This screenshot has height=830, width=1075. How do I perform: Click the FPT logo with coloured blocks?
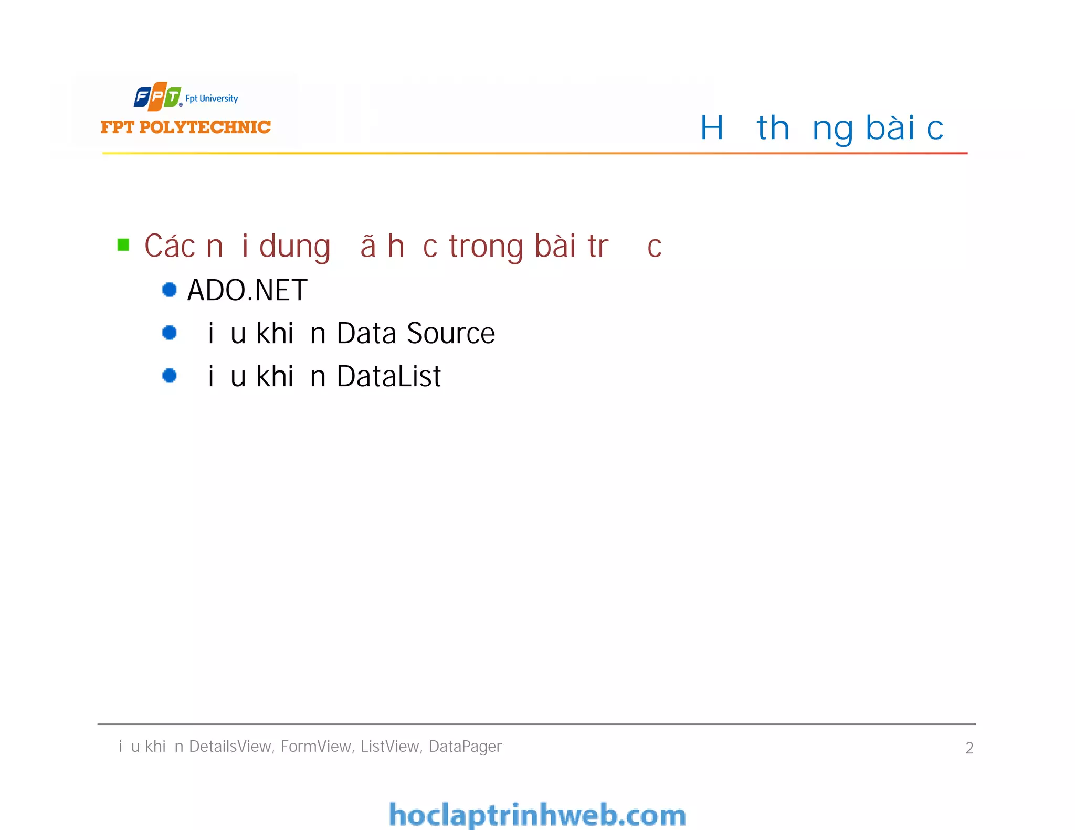157,97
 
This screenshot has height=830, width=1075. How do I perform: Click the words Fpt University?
212,99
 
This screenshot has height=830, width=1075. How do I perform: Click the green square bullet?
123,245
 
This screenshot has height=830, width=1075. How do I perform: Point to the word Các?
170,246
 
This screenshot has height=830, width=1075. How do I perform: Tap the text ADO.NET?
247,290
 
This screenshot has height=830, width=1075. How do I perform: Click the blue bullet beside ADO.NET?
169,290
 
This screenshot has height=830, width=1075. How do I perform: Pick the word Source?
451,333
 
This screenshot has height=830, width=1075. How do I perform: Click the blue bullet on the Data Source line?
169,333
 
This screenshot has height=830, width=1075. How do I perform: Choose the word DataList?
388,376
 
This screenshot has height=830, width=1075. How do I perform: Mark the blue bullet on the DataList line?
169,376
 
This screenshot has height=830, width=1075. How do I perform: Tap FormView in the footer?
317,746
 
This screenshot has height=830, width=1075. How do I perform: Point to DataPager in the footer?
465,747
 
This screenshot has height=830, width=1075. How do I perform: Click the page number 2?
969,748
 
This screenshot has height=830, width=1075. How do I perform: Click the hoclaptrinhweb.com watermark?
537,815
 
